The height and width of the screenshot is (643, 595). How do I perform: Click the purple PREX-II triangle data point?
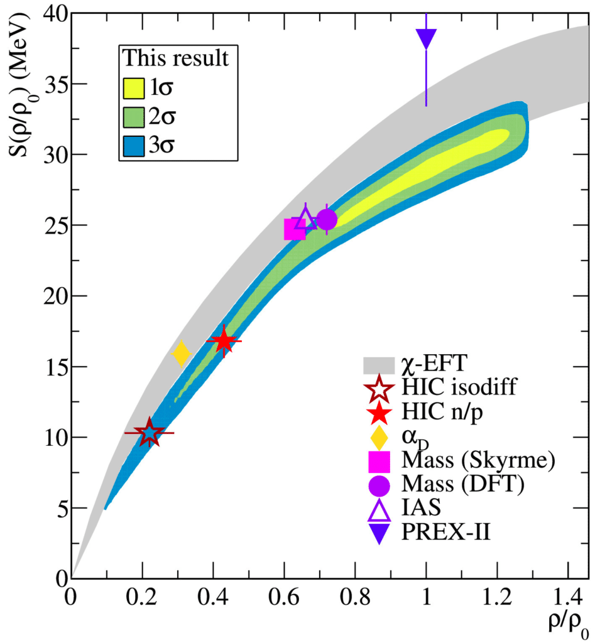[426, 39]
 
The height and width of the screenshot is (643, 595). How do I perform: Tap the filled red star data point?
[224, 342]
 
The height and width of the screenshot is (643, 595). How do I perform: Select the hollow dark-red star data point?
[149, 433]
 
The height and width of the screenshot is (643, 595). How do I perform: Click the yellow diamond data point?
[181, 354]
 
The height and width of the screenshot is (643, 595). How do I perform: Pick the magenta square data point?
[295, 230]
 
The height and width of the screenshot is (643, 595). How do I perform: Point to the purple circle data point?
[327, 220]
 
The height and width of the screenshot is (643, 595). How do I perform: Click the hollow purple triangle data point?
[305, 219]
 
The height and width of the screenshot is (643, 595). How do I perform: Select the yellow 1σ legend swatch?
[136, 89]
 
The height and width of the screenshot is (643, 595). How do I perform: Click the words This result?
[175, 58]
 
